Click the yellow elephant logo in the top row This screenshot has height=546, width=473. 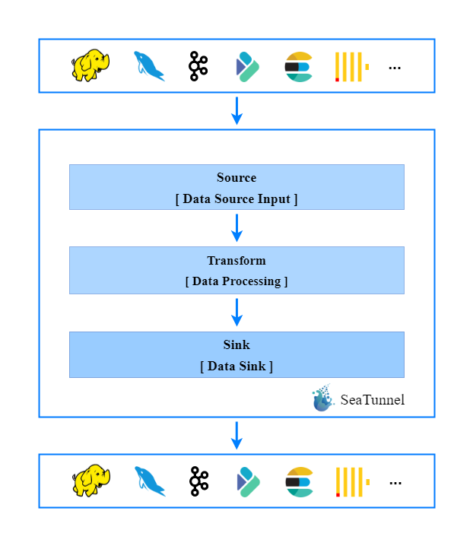[90, 65]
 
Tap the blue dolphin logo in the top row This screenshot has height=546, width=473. [149, 66]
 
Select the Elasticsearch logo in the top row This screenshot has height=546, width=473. [298, 67]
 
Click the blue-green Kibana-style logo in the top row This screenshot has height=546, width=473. [247, 66]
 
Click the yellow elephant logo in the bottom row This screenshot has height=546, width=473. [91, 481]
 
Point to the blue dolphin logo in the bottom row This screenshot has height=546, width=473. [150, 481]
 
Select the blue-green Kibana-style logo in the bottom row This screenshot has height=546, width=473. [248, 481]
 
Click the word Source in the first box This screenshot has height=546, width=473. [236, 178]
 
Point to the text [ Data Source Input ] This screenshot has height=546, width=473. [236, 199]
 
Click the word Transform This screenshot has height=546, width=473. [236, 261]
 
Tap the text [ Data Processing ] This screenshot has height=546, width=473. [236, 281]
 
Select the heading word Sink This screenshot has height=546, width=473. [236, 345]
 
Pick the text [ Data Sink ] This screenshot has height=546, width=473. [236, 366]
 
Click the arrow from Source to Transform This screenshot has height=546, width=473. [236, 227]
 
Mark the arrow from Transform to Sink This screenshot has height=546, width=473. [236, 312]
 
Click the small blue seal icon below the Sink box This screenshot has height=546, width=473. [323, 398]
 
